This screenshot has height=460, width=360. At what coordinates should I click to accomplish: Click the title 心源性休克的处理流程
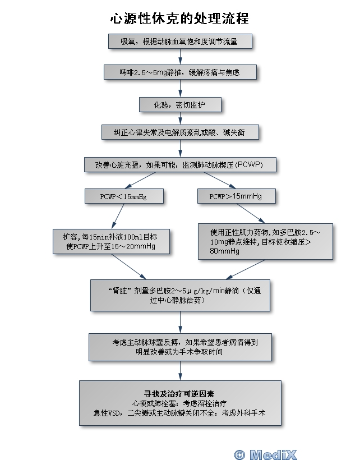(x=179, y=19)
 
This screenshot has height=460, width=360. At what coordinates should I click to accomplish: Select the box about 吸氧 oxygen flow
(x=179, y=42)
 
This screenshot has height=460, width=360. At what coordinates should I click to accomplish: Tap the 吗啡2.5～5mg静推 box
(x=179, y=72)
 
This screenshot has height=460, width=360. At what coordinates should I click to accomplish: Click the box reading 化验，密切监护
(x=180, y=104)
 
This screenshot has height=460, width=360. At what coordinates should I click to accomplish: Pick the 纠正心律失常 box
(x=180, y=132)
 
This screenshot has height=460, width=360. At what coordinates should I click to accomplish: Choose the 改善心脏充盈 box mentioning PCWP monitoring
(x=180, y=165)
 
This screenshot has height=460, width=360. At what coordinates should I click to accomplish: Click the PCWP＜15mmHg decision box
(x=124, y=196)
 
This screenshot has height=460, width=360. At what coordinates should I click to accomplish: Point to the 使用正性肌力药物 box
(x=265, y=241)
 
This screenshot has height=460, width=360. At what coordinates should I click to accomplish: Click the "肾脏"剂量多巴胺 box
(x=180, y=296)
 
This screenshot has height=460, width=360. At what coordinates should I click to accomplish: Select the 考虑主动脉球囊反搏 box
(x=180, y=347)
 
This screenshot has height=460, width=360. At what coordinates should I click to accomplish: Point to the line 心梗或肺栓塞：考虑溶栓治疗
(x=179, y=403)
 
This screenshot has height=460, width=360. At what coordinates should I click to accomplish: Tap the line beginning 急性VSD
(x=179, y=413)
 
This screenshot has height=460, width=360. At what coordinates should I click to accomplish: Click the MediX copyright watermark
(x=265, y=453)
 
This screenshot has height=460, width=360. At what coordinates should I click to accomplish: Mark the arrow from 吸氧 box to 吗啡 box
(x=180, y=57)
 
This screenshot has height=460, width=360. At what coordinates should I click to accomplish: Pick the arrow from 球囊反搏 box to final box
(x=180, y=370)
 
